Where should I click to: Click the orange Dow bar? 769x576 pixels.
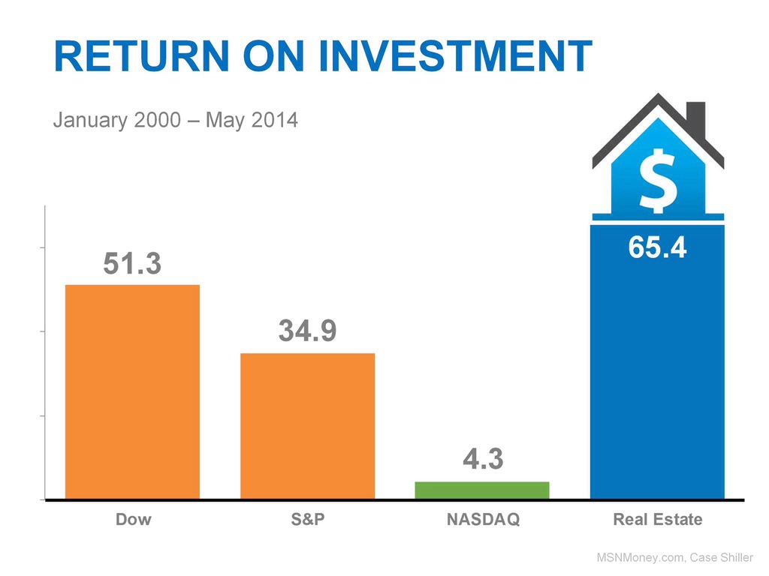point(133,391)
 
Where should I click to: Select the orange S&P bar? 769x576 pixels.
point(307,425)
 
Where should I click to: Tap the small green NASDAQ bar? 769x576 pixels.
point(482,490)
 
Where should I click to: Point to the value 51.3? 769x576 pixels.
point(132,264)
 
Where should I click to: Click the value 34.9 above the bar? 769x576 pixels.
point(307,331)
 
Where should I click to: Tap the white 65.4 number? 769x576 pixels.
point(657,247)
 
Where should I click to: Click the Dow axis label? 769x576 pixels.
point(133,519)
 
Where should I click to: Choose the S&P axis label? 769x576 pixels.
point(307,519)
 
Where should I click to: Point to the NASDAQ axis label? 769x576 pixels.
point(482,519)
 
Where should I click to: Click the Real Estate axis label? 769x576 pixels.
point(658,519)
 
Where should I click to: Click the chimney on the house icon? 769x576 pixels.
point(697,116)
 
